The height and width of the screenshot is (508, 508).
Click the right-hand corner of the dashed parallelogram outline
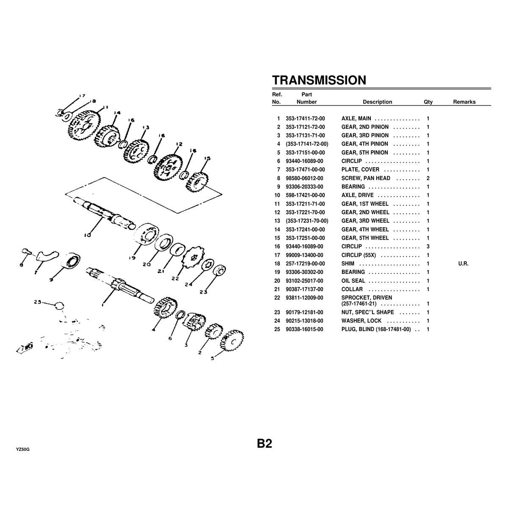click(222, 194)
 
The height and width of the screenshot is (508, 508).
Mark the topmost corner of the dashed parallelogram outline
click(104, 177)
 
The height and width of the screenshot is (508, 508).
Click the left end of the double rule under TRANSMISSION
click(272, 88)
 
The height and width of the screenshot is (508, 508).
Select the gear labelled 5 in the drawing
click(232, 341)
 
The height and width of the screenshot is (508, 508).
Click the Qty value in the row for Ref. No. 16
click(428, 246)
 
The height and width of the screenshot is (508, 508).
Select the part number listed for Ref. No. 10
click(305, 195)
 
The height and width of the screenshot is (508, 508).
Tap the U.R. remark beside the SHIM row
click(463, 264)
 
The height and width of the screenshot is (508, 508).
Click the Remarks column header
click(464, 102)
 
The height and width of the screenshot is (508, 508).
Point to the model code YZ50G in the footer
click(23, 450)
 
